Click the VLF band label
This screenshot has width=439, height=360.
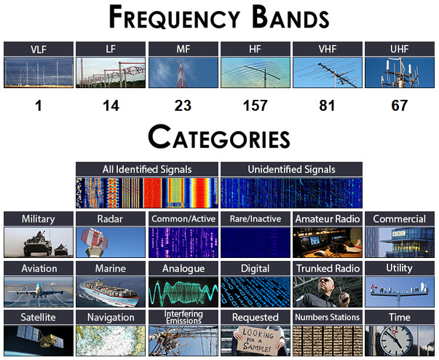click(39, 50)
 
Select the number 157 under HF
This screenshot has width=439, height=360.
click(255, 106)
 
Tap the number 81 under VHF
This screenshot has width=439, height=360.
click(327, 106)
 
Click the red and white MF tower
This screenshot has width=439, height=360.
click(181, 74)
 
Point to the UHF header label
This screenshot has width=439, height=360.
click(400, 50)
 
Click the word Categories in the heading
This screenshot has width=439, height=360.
click(219, 137)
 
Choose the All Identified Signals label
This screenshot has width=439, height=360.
click(147, 170)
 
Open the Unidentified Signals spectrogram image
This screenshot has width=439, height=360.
click(291, 192)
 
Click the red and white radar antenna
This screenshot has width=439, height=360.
click(95, 240)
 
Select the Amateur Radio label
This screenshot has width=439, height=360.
click(328, 219)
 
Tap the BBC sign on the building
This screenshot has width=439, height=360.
click(399, 233)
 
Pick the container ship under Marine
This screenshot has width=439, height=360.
click(110, 293)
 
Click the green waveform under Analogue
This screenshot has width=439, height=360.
click(183, 292)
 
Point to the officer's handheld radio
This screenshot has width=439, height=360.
click(343, 296)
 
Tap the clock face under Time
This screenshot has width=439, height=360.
click(396, 340)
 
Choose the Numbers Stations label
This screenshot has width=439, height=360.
click(328, 317)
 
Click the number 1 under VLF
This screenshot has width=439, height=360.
click(39, 106)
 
